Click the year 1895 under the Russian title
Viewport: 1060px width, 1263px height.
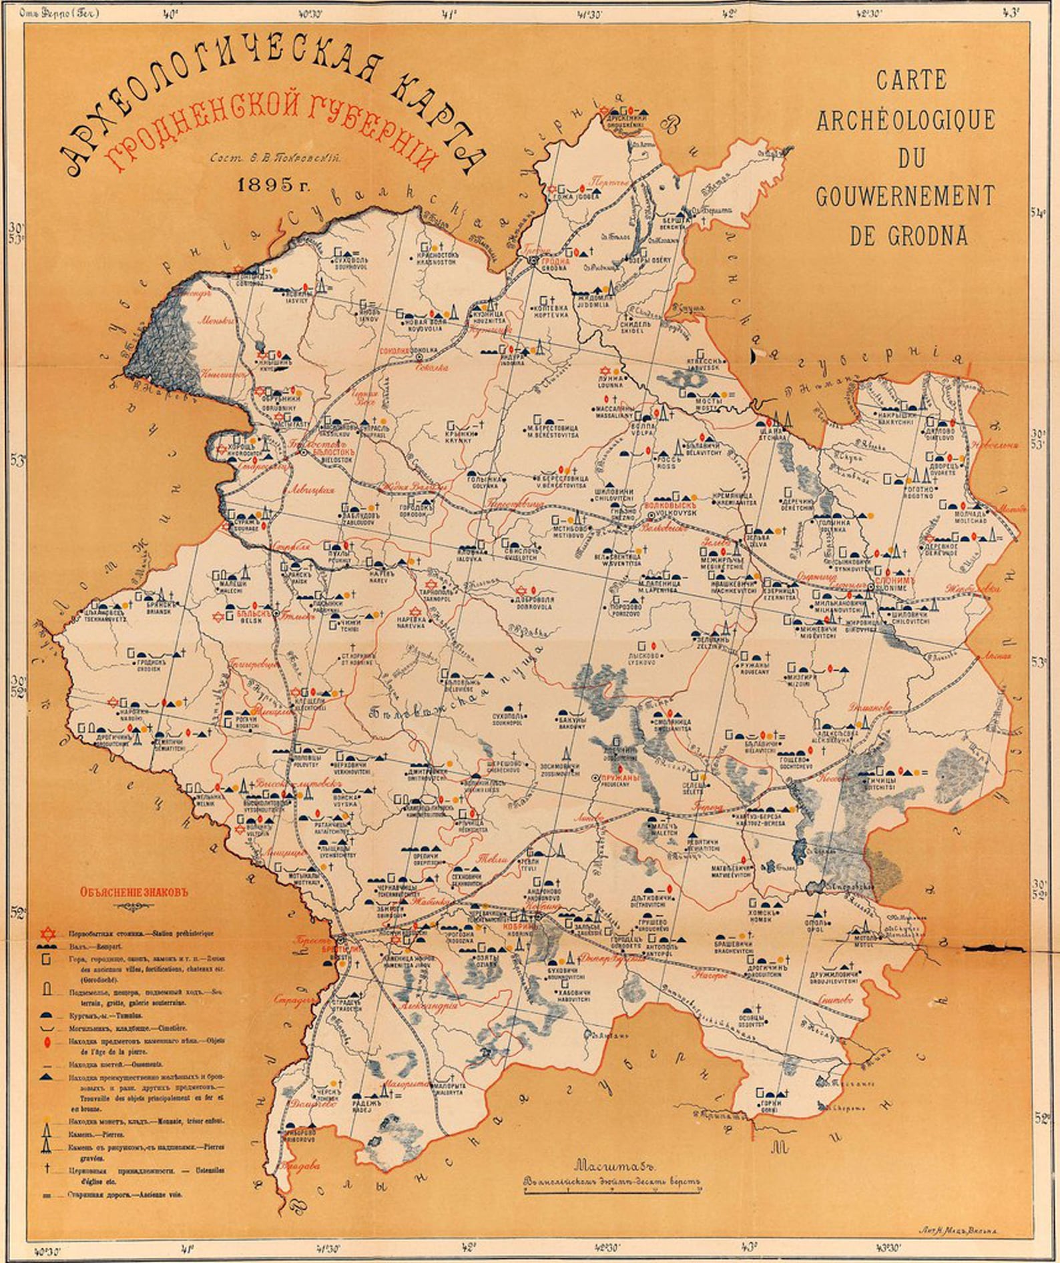coord(274,185)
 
